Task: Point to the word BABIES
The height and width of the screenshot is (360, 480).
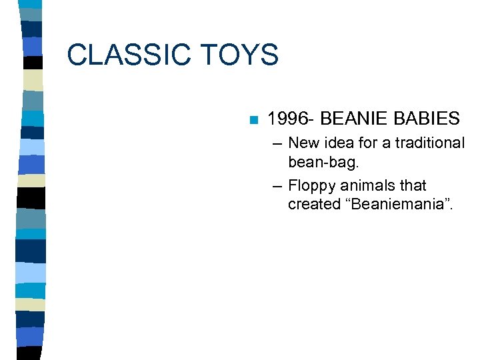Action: click(x=427, y=119)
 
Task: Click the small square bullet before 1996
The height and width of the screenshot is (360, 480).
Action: click(x=252, y=121)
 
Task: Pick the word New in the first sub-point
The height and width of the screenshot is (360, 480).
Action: click(x=303, y=143)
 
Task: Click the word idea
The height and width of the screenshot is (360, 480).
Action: click(x=339, y=143)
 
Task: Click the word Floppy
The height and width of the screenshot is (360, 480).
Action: click(x=312, y=186)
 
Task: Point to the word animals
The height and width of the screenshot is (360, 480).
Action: click(x=369, y=186)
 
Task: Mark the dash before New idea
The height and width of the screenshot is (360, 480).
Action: click(x=277, y=143)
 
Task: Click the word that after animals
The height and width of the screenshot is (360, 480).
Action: click(x=413, y=186)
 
